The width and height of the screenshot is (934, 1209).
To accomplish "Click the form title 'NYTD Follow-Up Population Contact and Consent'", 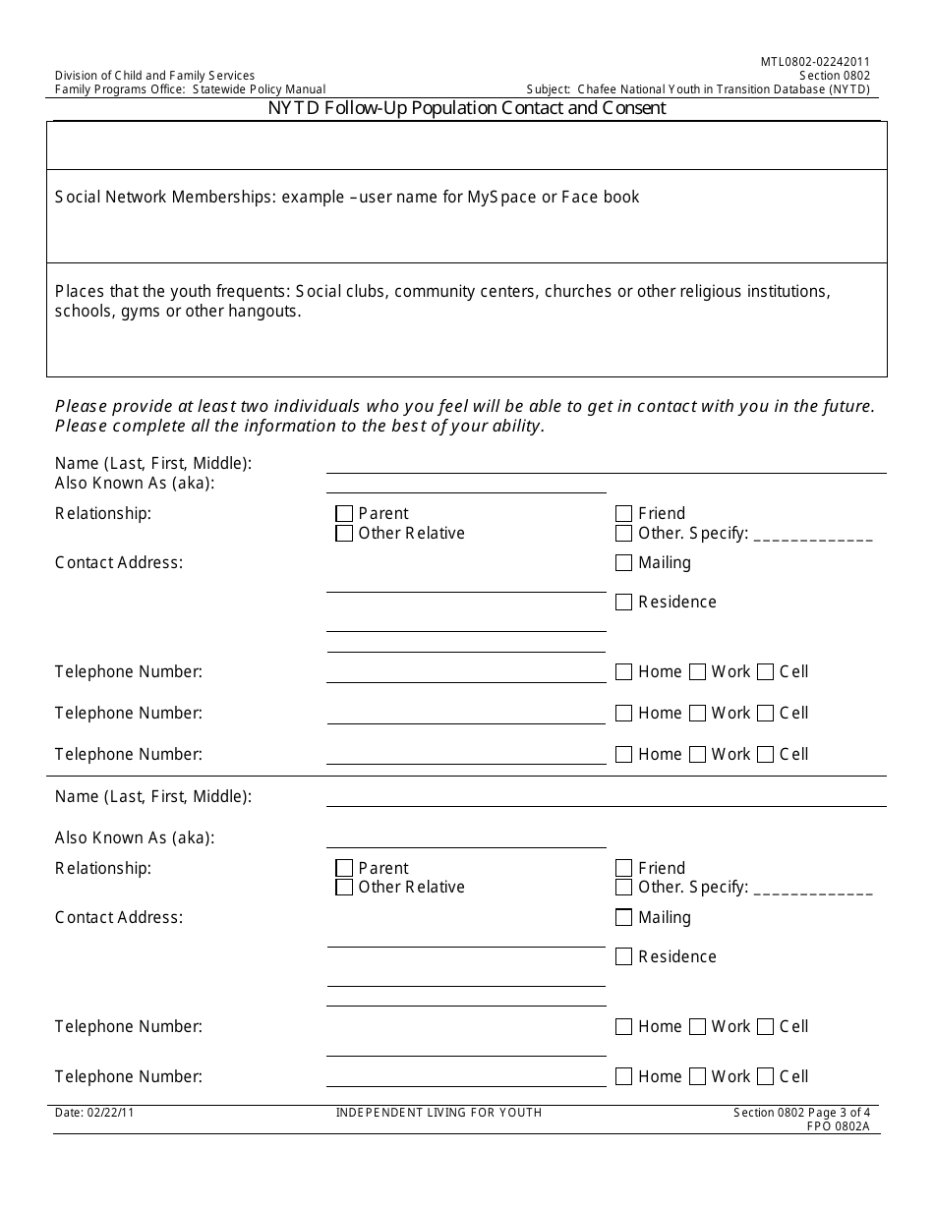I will pyautogui.click(x=467, y=108).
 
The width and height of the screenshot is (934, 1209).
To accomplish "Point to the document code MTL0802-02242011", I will pyautogui.click(x=815, y=61).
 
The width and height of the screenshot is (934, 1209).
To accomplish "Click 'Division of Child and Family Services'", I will pyautogui.click(x=154, y=76).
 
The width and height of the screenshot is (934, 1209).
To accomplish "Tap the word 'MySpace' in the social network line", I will pyautogui.click(x=501, y=197).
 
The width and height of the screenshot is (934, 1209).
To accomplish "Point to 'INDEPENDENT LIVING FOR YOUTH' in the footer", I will pyautogui.click(x=438, y=1113).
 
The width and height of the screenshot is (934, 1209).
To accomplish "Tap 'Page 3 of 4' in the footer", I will pyautogui.click(x=837, y=1113).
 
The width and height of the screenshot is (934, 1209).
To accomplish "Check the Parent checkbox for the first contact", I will pyautogui.click(x=344, y=513).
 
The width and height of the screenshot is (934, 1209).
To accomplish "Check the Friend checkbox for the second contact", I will pyautogui.click(x=623, y=868).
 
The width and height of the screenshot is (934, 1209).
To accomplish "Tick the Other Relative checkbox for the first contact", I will pyautogui.click(x=344, y=534).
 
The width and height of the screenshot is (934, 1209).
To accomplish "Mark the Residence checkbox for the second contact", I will pyautogui.click(x=623, y=956).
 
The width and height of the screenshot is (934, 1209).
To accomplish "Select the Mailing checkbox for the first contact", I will pyautogui.click(x=623, y=563).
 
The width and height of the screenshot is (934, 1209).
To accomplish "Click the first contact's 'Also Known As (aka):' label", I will pyautogui.click(x=135, y=483).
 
